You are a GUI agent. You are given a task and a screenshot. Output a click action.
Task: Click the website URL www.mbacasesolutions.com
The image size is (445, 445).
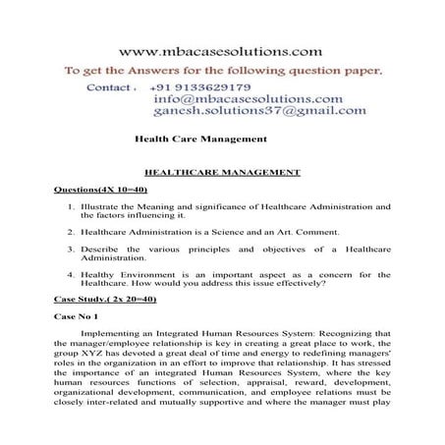tap(221, 49)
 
